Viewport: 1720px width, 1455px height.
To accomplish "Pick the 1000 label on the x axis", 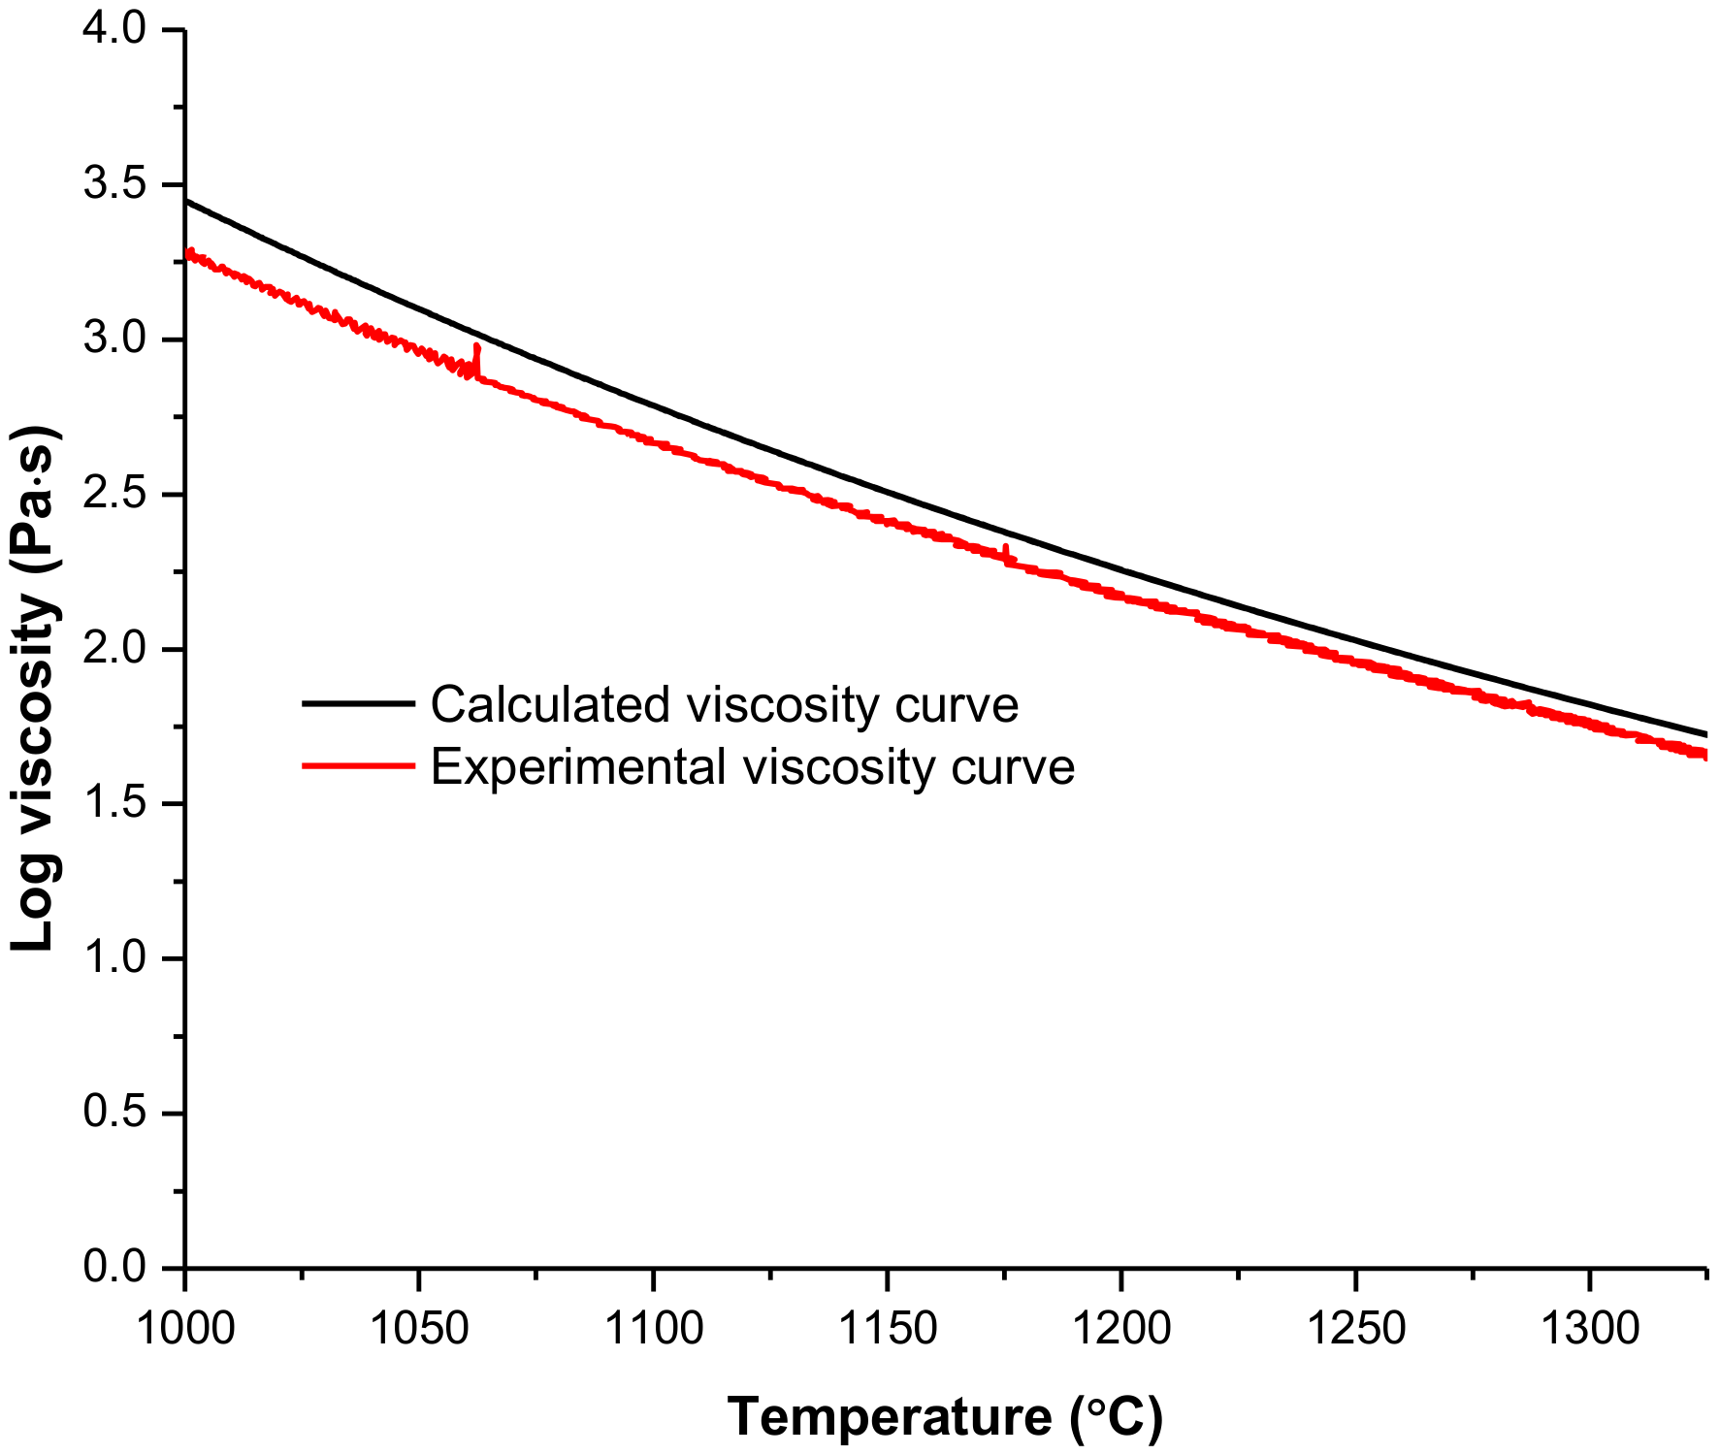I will pos(185,1327).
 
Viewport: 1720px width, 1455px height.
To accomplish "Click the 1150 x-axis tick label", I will pos(887,1327).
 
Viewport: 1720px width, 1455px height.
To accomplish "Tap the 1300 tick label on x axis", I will pos(1589,1327).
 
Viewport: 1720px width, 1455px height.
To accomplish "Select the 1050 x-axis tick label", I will pos(419,1327).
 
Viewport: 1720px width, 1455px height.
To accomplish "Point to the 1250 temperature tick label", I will pos(1355,1327).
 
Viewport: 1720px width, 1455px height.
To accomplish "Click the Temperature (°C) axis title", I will pos(944,1417).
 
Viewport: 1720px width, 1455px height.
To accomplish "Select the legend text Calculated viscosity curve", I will pos(724,704).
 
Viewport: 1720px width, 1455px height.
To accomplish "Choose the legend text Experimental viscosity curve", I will pos(752,766).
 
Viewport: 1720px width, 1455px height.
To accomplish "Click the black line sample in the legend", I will pos(358,703).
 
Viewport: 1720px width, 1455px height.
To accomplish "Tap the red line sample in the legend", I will pos(358,766).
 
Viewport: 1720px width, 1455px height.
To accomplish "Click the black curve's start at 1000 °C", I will pos(186,201).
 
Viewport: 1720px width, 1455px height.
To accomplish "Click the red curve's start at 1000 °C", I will pos(188,254).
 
